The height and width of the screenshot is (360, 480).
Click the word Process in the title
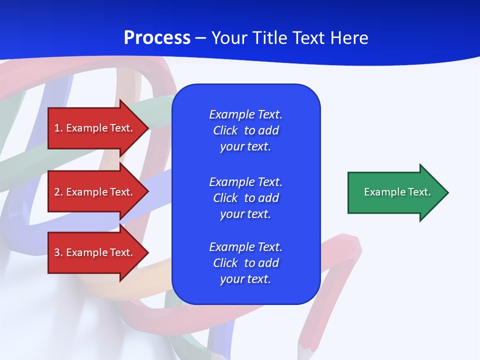157,38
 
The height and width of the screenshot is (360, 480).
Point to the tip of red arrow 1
148,128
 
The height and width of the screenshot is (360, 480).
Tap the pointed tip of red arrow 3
148,252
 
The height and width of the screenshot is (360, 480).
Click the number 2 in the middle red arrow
57,192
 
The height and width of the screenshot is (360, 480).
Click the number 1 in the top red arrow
57,128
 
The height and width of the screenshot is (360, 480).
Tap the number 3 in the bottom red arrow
57,252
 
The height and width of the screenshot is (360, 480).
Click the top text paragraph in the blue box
245,130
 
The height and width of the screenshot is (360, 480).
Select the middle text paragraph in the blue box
245,198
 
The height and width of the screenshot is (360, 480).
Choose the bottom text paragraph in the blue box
245,263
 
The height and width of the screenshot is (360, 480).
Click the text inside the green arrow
397,192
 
